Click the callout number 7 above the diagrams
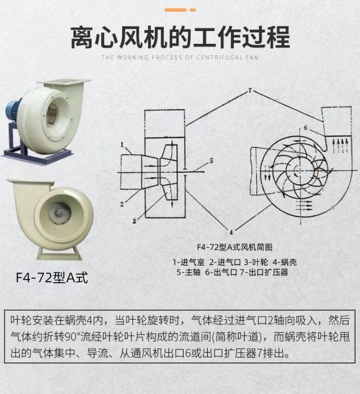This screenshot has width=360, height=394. pyautogui.click(x=250, y=91)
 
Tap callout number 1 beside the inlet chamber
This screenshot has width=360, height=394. pyautogui.click(x=122, y=144)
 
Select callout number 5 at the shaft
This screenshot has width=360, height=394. pyautogui.click(x=211, y=161)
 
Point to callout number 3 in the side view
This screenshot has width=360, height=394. pyautogui.click(x=133, y=222)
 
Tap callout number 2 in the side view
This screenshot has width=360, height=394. pyautogui.click(x=122, y=203)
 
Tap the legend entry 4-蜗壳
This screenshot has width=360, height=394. pyautogui.click(x=283, y=262)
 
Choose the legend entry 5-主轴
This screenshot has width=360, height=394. pyautogui.click(x=189, y=272)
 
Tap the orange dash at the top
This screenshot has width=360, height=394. pyautogui.click(x=176, y=9)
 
